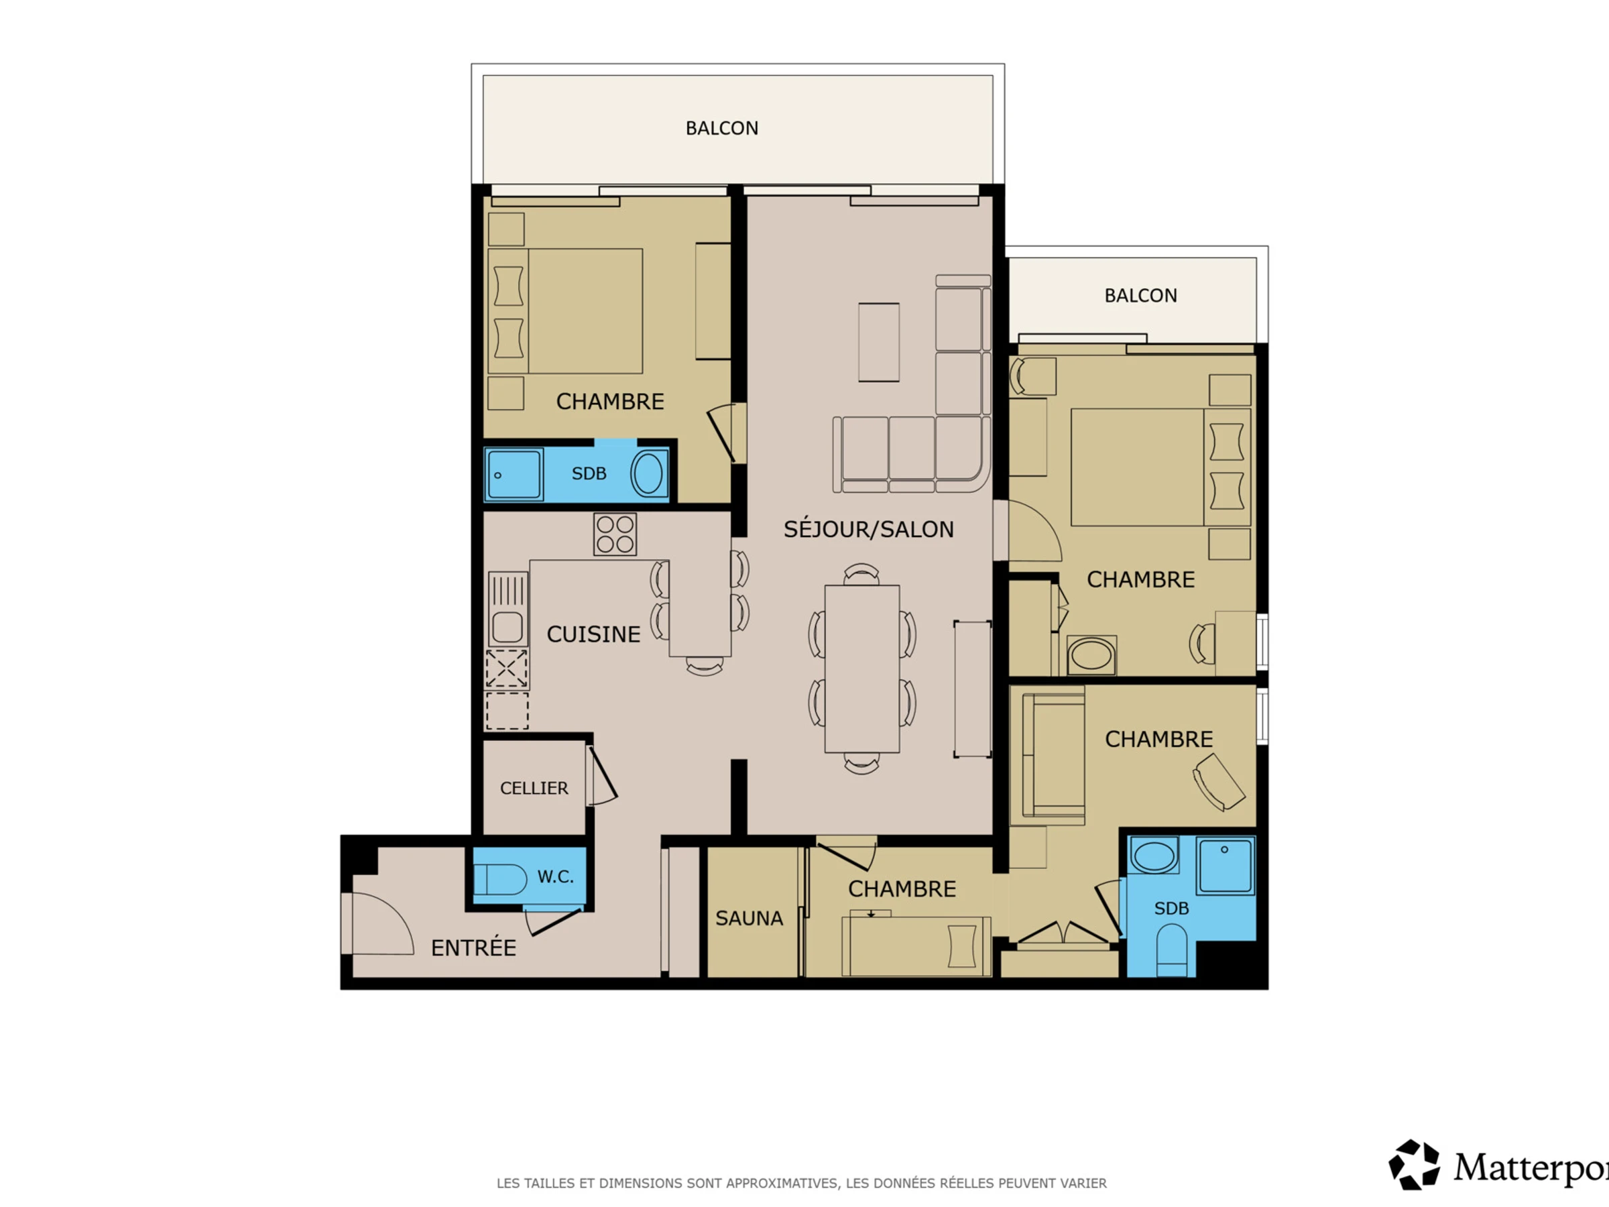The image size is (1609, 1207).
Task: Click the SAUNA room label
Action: pos(750,918)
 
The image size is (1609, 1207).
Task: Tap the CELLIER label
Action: pos(534,788)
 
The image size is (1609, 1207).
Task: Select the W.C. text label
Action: pos(556,876)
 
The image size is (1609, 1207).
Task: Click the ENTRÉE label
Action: pos(473,947)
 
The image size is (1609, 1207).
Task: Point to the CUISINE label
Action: pos(593,634)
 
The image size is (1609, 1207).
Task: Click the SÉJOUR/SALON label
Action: pos(868,529)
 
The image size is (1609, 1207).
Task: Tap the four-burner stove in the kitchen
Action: pos(615,534)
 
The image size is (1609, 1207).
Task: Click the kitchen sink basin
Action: pos(507,627)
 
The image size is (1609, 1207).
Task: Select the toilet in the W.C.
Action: pos(500,879)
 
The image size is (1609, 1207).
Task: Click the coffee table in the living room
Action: pos(879,342)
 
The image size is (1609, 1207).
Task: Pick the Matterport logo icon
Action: pos(1413,1165)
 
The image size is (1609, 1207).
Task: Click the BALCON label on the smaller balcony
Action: pos(1140,296)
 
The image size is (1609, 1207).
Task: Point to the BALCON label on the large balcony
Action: pos(721,128)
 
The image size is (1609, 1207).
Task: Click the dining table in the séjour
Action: pos(862,669)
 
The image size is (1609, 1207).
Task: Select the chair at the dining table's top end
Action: pos(862,574)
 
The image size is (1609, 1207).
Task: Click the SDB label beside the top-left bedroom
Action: pos(589,473)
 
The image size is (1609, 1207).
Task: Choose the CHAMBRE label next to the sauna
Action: pos(902,888)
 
